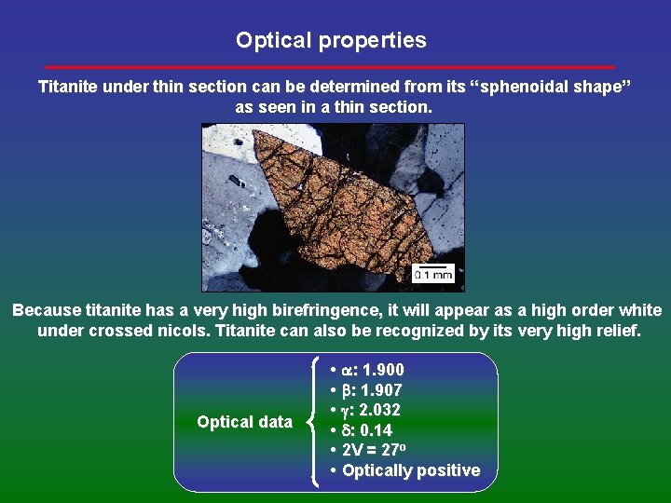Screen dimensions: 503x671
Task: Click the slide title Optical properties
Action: (x=331, y=41)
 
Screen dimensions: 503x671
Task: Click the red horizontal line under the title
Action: (x=330, y=67)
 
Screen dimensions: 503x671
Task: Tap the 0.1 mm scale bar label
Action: (x=432, y=274)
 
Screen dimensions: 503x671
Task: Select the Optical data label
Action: (x=244, y=422)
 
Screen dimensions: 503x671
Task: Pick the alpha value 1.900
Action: (x=381, y=371)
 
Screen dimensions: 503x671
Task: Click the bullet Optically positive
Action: (x=410, y=470)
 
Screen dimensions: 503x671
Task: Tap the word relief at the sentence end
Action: (x=616, y=331)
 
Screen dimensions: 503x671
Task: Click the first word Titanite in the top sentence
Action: (x=67, y=87)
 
